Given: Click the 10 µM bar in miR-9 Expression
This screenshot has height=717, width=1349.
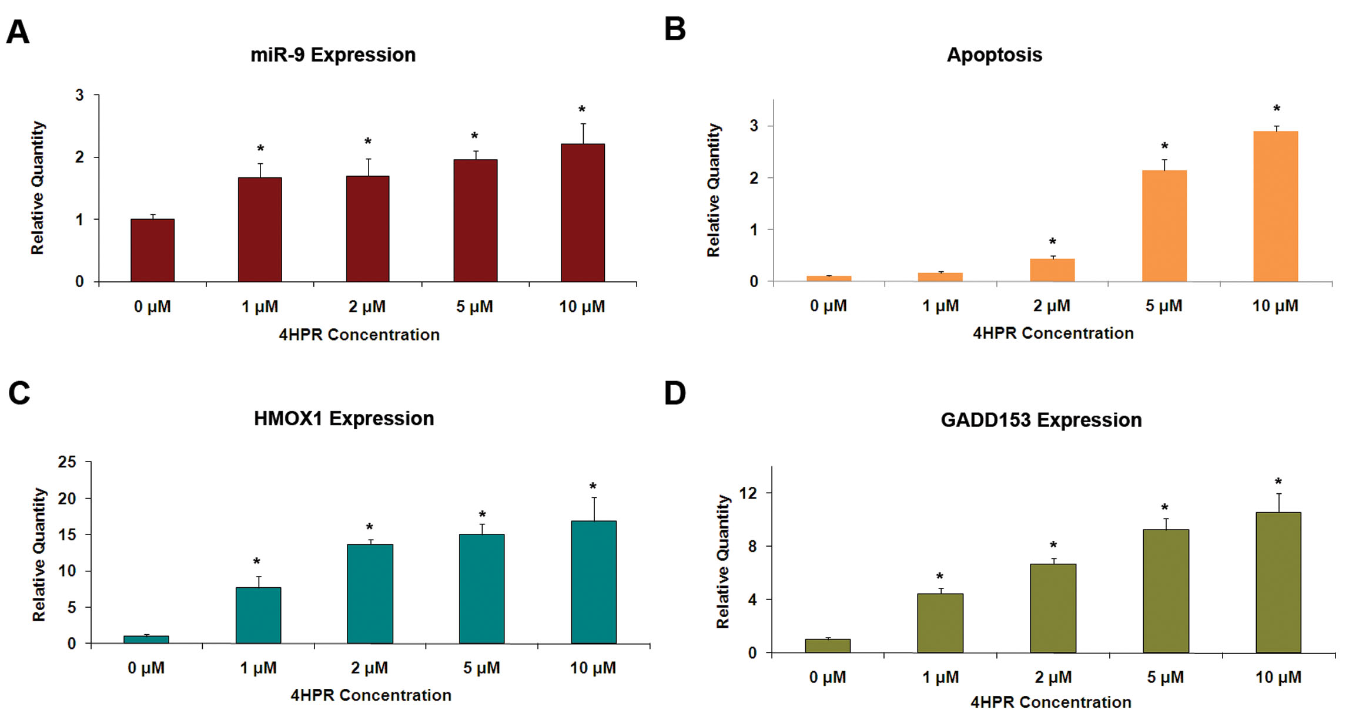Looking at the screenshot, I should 583,213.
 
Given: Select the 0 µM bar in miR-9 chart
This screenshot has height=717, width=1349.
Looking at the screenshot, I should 152,251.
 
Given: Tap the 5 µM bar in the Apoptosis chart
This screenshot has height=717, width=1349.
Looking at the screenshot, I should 1164,226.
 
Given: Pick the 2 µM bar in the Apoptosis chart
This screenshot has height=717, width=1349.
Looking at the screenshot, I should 1052,270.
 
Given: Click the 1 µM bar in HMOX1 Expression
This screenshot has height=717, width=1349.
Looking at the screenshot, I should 258,615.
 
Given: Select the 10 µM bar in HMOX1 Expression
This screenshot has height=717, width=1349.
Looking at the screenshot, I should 594,582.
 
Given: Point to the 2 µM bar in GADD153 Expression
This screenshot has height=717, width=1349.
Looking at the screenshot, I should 1053,608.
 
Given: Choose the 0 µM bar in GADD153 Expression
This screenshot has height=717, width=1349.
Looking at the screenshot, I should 828,646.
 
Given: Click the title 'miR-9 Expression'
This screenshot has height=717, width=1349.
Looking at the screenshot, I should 333,55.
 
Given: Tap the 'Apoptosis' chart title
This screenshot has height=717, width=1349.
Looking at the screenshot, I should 994,55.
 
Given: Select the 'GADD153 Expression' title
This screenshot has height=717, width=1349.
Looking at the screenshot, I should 1041,420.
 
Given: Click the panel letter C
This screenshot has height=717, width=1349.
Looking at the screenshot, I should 19,393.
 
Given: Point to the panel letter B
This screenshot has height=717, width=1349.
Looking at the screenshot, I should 675,29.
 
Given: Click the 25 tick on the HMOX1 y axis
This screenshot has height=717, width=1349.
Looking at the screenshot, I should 67,462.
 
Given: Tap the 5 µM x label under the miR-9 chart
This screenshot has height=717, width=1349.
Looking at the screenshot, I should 474,307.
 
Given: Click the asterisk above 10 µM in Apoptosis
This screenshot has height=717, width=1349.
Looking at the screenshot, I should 1276,109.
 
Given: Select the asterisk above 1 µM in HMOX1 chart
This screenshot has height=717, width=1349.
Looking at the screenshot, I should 257,562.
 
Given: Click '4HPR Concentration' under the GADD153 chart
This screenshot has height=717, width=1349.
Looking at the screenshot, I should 1050,702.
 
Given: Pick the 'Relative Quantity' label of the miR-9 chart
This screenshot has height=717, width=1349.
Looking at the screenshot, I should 38,188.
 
